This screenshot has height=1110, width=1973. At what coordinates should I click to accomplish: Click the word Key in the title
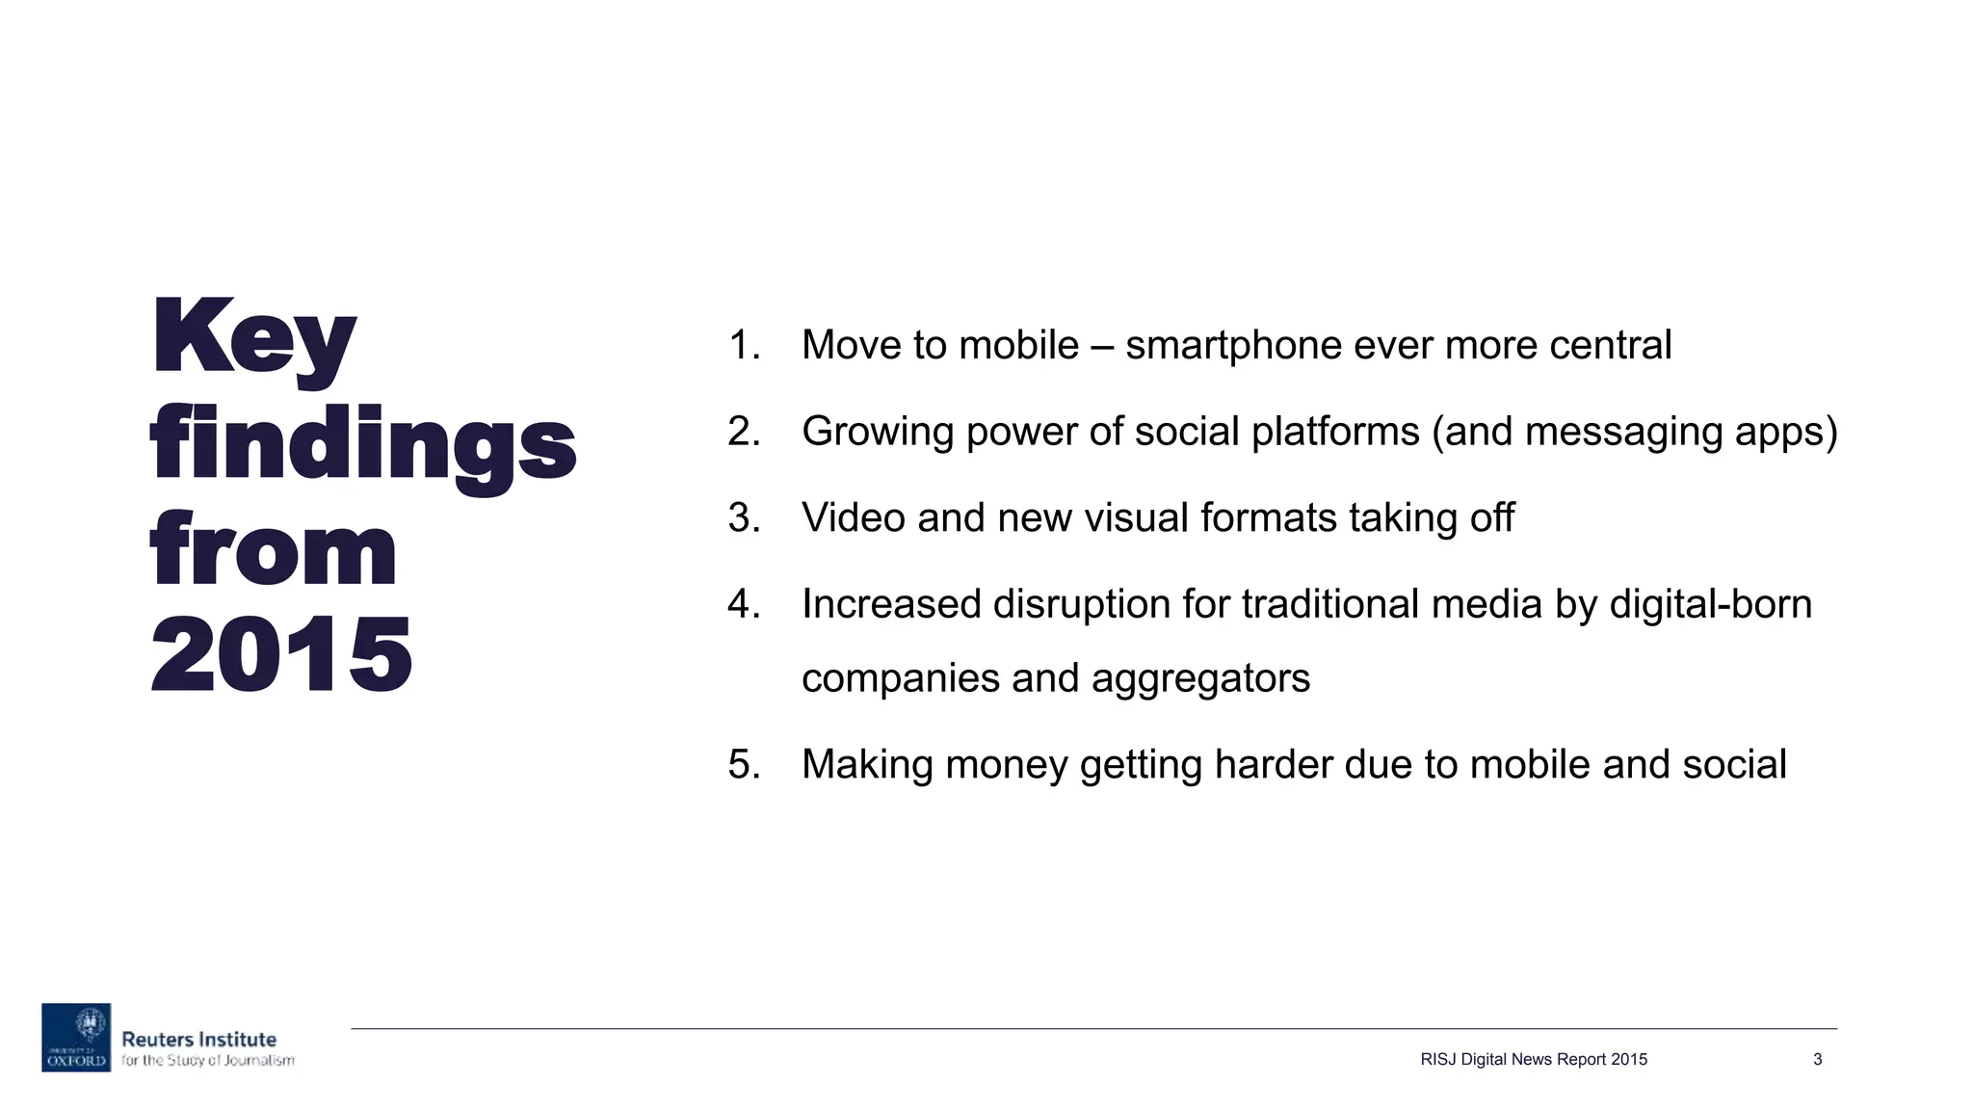click(x=253, y=339)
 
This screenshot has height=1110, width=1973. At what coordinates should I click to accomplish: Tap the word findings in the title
click(x=362, y=445)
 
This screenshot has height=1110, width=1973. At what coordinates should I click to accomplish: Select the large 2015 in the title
click(x=281, y=655)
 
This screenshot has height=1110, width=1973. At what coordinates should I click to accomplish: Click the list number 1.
click(x=743, y=345)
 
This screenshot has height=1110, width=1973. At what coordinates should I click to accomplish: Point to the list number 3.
click(x=744, y=517)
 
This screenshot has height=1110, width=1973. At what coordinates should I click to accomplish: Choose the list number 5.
click(x=744, y=764)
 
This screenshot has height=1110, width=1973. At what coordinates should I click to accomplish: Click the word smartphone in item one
click(x=1233, y=346)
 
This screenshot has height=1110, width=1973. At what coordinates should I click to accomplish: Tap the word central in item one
click(x=1610, y=345)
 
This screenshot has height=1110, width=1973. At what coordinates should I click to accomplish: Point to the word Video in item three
click(x=853, y=517)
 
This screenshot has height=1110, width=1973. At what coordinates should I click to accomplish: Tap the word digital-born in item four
click(x=1711, y=605)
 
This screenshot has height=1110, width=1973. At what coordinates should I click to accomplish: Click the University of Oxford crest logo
click(x=76, y=1038)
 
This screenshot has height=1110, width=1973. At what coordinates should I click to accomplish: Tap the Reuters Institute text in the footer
click(x=198, y=1040)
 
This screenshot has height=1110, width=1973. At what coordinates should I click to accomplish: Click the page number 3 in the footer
click(x=1817, y=1060)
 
